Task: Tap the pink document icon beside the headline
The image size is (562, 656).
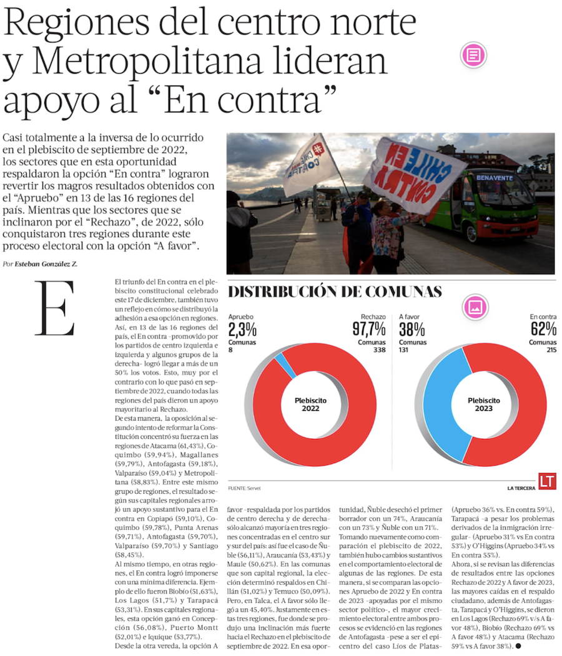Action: click(x=473, y=55)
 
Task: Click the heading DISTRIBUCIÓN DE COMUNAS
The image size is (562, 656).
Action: click(x=335, y=291)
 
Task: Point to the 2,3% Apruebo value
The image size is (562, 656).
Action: click(x=242, y=329)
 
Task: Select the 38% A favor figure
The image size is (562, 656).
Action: click(x=412, y=329)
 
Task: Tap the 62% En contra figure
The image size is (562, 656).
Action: click(x=543, y=329)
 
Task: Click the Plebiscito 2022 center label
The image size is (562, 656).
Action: click(x=310, y=404)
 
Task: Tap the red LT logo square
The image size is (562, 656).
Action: click(x=547, y=481)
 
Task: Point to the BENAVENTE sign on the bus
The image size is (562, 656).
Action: click(x=494, y=177)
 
